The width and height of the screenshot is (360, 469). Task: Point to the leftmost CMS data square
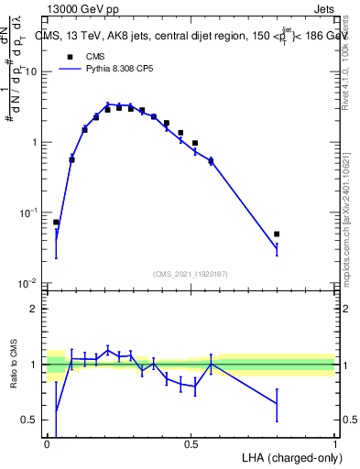click(56, 223)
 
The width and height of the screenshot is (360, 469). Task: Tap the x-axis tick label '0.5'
click(191, 444)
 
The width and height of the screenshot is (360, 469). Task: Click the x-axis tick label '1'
click(334, 444)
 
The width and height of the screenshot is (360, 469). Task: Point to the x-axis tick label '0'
click(48, 444)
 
